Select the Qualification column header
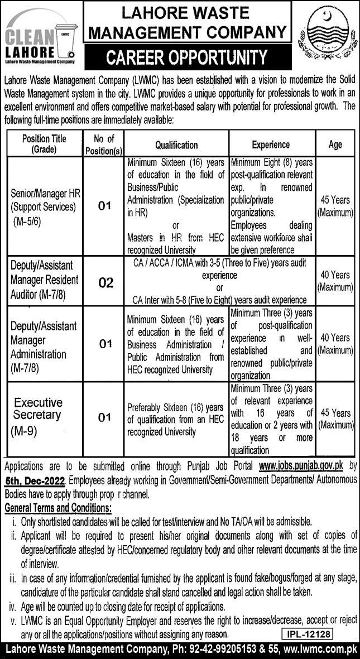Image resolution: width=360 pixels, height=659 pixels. [176, 145]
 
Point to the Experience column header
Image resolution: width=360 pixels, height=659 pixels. [271, 145]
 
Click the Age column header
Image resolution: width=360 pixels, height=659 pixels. [335, 145]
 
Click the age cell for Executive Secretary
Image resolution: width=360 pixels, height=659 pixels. [335, 419]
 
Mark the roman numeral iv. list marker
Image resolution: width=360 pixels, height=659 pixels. [12, 607]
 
